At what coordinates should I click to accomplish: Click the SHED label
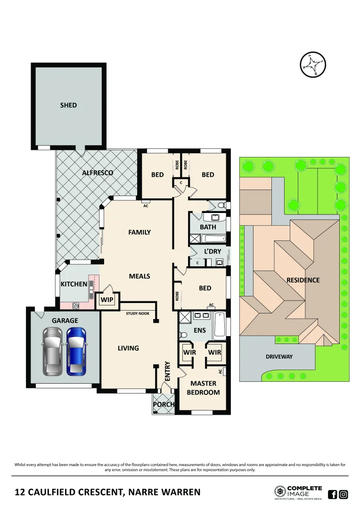point(68,105)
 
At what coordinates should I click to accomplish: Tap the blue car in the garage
point(76,352)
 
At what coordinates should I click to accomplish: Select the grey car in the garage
point(52,352)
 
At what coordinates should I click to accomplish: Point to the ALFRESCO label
point(98,173)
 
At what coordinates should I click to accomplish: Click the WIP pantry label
point(106,299)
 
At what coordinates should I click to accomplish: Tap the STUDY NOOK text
point(138,313)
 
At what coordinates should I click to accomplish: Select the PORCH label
point(164,404)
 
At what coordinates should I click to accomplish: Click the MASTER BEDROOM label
point(203,388)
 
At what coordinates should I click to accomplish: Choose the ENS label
point(200,330)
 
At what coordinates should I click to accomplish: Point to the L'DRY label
point(213,251)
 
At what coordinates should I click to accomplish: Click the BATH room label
point(208,227)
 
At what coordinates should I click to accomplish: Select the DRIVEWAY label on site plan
point(279,357)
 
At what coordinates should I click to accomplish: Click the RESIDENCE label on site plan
point(303,280)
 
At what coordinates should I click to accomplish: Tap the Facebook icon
point(332,494)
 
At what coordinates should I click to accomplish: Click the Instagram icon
point(344,494)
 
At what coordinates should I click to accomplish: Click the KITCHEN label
point(74,284)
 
